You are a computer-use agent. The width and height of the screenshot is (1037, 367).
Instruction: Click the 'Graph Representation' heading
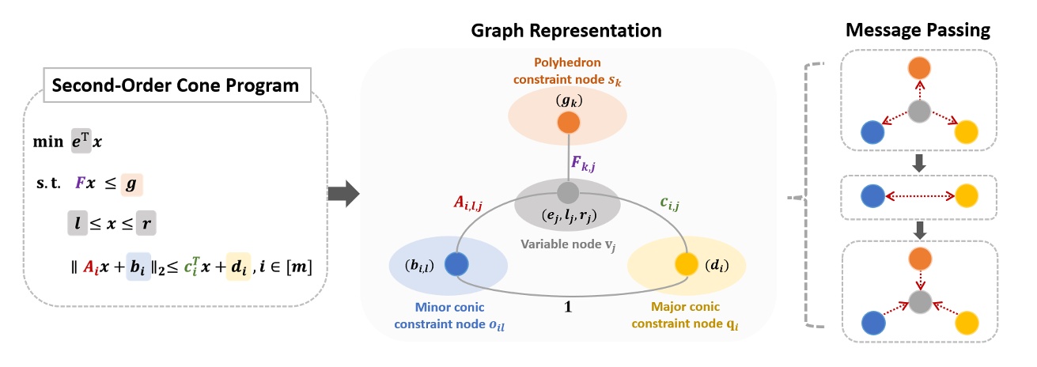point(566,31)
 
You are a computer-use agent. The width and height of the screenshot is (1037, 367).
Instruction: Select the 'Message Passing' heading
point(918,31)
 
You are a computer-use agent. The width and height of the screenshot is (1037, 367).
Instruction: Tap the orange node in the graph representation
point(567,123)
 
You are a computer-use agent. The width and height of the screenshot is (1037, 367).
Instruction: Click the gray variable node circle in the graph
point(567,192)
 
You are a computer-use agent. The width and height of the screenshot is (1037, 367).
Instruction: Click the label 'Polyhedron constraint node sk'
point(567,72)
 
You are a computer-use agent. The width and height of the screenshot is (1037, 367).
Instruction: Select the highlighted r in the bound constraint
point(145,225)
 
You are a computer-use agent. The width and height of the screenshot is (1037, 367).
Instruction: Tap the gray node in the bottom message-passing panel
point(917,301)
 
